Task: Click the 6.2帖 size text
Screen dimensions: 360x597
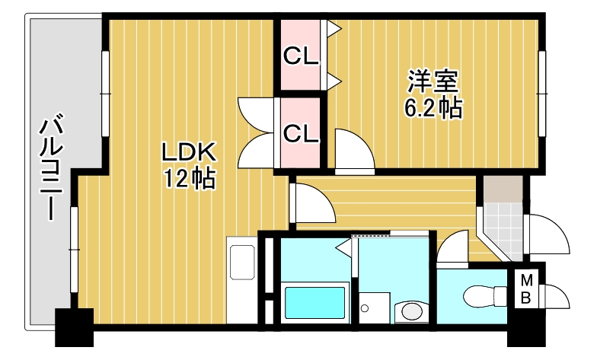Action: pos(432,108)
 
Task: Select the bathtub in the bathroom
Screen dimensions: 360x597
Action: pos(314,303)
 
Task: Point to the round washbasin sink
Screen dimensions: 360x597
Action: pos(412,311)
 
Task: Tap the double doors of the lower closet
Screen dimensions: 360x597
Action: pos(255,133)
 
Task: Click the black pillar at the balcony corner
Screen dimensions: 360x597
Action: pos(73,326)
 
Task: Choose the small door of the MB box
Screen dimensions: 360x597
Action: pos(555,296)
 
